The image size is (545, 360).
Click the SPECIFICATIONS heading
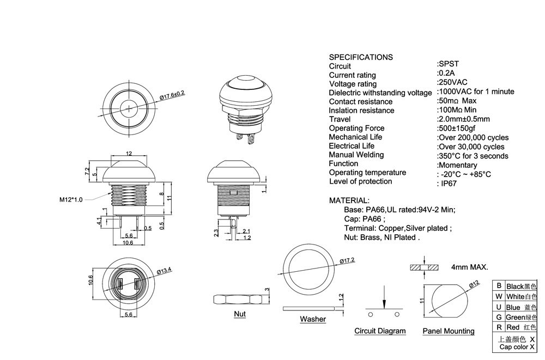(361, 57)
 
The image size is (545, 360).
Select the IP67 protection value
(449, 184)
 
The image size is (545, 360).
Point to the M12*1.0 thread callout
(71, 199)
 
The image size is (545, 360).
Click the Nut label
(239, 314)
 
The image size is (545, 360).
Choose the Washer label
(313, 319)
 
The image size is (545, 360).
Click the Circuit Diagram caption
(380, 331)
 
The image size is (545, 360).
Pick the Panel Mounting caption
(449, 331)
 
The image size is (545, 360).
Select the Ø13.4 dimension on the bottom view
(165, 270)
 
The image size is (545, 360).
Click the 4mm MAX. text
(469, 267)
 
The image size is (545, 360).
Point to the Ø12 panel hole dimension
(474, 284)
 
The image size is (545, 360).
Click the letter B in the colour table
(499, 286)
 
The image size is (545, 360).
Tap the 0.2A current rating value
(446, 73)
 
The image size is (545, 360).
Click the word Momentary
(457, 165)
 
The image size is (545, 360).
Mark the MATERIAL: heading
(349, 201)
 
